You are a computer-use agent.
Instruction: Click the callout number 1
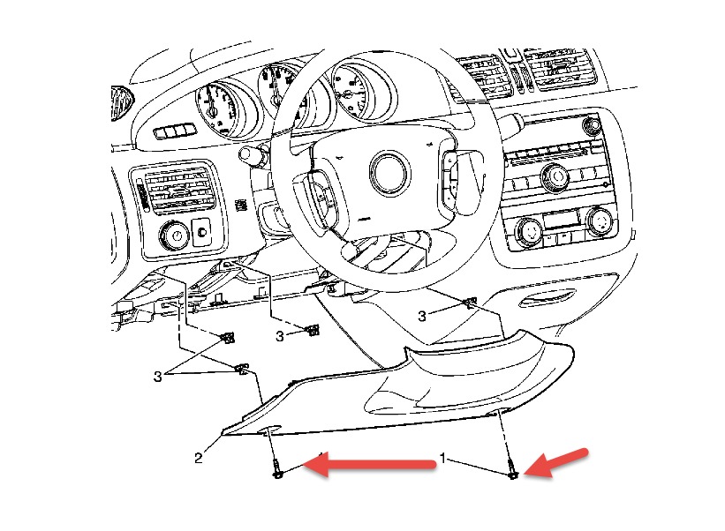pyautogui.click(x=442, y=460)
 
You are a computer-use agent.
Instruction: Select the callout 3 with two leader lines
pyautogui.click(x=159, y=376)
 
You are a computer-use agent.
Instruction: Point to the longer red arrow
pyautogui.click(x=375, y=465)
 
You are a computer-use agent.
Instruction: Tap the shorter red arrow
pyautogui.click(x=560, y=462)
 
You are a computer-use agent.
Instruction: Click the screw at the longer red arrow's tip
pyautogui.click(x=277, y=472)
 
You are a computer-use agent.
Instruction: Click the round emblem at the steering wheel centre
pyautogui.click(x=389, y=172)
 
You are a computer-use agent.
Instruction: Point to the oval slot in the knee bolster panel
pyautogui.click(x=269, y=430)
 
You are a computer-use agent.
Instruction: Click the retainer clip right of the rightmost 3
pyautogui.click(x=470, y=303)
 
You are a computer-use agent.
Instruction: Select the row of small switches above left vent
pyautogui.click(x=173, y=132)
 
